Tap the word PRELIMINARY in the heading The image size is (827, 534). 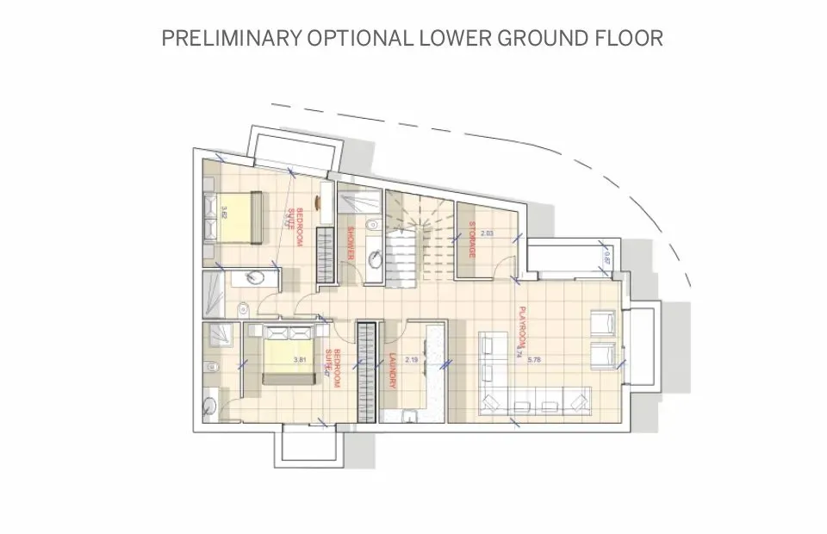(x=227, y=39)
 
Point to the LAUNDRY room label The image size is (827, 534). (x=392, y=370)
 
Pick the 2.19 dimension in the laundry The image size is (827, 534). (x=411, y=359)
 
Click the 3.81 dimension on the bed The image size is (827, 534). (x=300, y=359)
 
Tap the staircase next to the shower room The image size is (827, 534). (x=413, y=241)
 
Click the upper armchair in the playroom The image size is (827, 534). (x=602, y=322)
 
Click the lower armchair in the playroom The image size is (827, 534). (x=602, y=353)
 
